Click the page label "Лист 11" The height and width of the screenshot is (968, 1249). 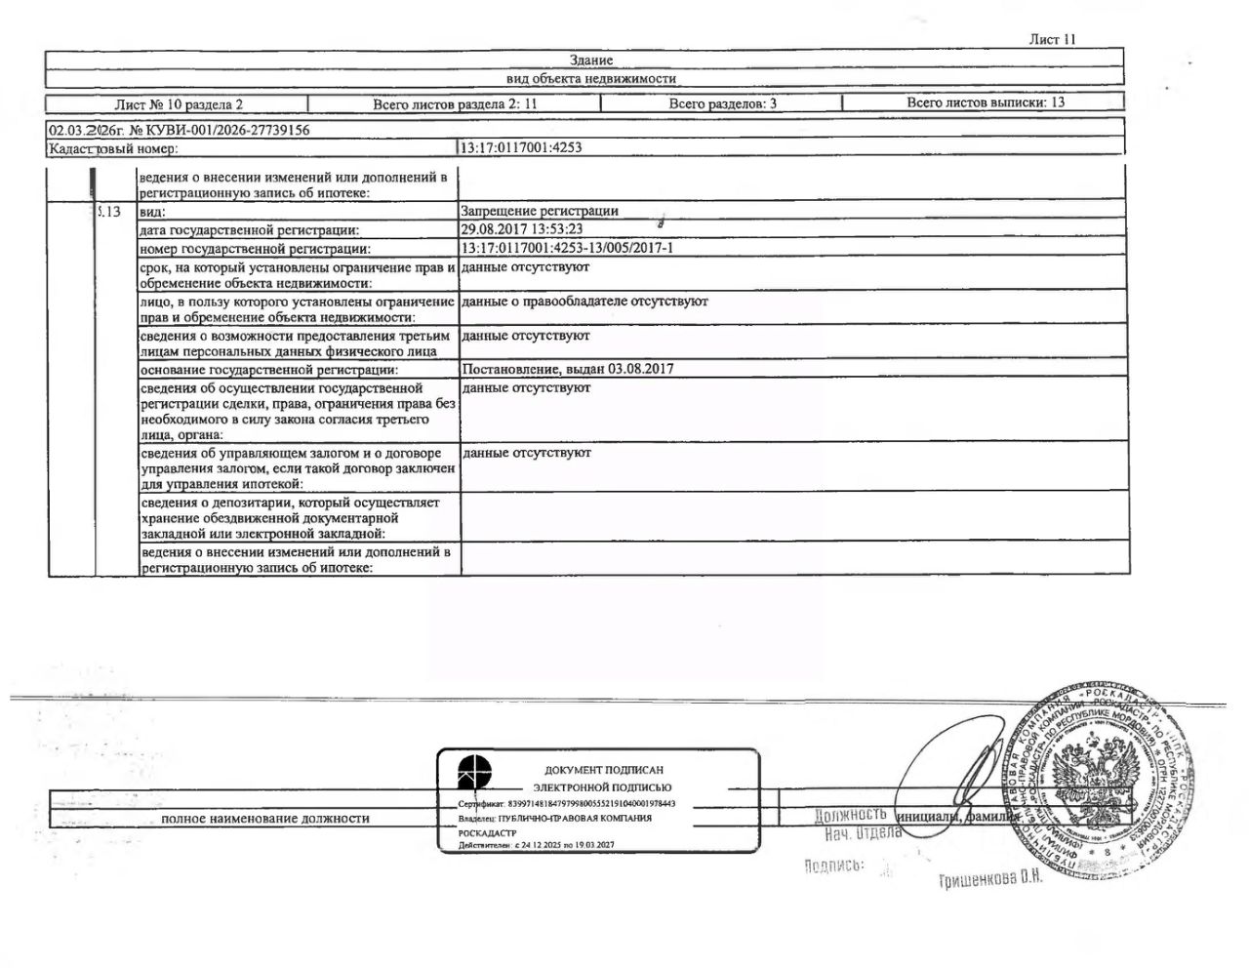(x=1052, y=40)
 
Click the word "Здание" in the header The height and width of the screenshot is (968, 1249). (x=591, y=60)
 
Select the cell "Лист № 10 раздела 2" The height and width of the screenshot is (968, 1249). (x=179, y=103)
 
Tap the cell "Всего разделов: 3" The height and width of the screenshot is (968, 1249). (x=723, y=103)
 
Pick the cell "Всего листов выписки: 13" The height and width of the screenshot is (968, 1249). (x=986, y=102)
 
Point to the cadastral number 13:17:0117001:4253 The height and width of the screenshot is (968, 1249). (x=522, y=148)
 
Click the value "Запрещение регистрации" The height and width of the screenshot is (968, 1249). (x=540, y=211)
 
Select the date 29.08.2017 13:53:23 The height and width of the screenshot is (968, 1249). (x=522, y=229)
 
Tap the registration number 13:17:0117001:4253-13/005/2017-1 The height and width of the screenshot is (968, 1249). (x=567, y=248)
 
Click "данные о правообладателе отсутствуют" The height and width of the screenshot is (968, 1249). (x=584, y=302)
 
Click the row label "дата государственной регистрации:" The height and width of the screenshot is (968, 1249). (x=249, y=230)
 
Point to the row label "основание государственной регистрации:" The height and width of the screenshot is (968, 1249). (x=268, y=370)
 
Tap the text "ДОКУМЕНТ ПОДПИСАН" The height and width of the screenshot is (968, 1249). (x=603, y=770)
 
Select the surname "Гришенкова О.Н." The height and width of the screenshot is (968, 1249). (x=990, y=879)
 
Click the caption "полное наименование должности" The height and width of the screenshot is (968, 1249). (x=265, y=819)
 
